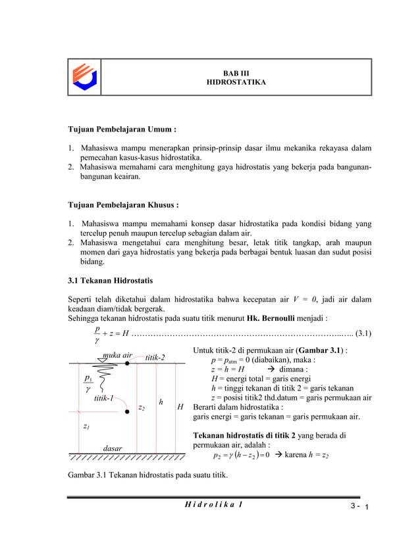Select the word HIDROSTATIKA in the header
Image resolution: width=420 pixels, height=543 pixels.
click(236, 84)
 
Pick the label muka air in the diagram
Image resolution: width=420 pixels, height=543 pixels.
click(117, 356)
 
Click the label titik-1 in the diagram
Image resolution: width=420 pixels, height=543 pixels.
click(103, 398)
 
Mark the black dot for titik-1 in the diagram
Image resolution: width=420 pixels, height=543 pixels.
click(127, 412)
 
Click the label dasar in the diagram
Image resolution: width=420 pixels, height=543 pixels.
click(113, 448)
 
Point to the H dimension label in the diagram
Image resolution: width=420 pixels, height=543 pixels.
click(180, 408)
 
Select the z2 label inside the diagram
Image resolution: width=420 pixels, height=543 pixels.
click(141, 408)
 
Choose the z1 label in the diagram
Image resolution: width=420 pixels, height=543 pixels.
click(86, 426)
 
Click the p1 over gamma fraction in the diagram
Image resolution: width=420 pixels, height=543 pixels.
click(88, 384)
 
